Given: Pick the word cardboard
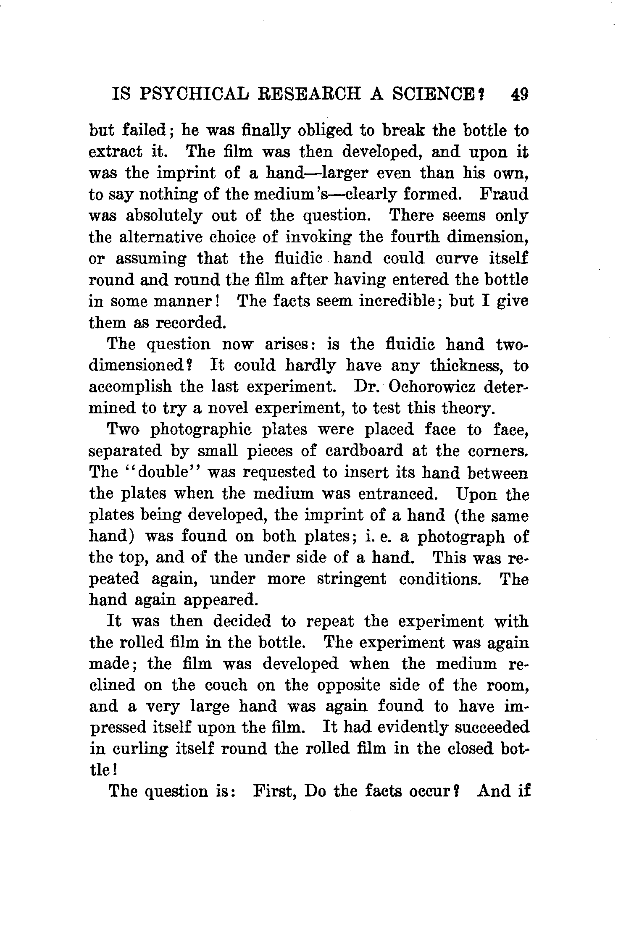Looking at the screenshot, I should [x=364, y=451].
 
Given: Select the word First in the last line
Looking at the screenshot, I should [x=274, y=791].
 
